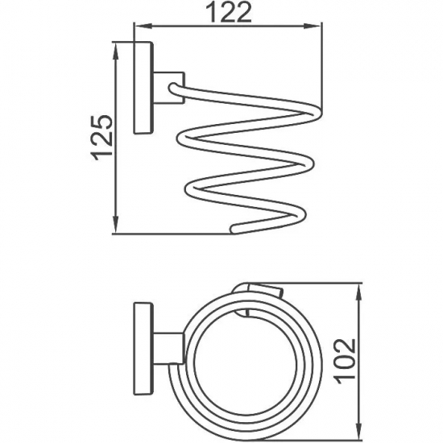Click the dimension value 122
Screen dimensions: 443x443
pos(228,13)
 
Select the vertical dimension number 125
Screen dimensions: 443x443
pos(100,136)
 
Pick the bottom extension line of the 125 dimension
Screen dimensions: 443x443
pos(169,235)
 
